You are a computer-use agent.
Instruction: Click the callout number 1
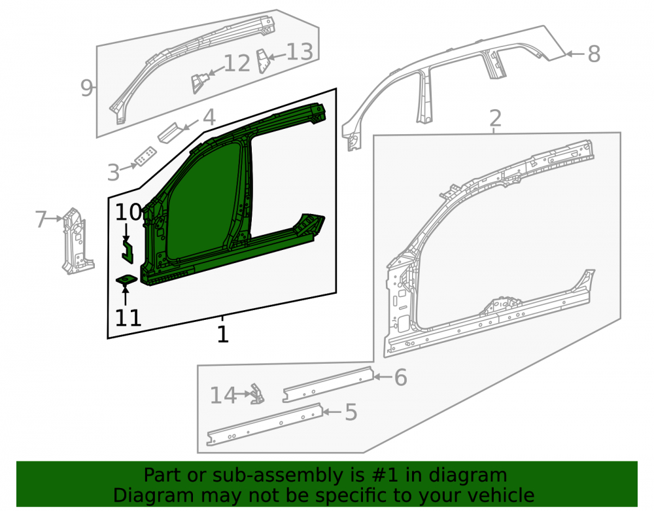[223, 334]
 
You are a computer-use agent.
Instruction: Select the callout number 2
[495, 118]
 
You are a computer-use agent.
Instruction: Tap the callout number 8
[594, 54]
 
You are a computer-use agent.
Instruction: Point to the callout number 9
[86, 88]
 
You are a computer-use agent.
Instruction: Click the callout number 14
[223, 395]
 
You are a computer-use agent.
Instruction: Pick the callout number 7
[41, 219]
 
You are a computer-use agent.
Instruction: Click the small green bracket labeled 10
[128, 251]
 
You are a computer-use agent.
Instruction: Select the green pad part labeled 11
[126, 279]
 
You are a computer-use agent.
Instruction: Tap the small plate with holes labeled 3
[145, 156]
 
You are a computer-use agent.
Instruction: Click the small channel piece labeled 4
[170, 132]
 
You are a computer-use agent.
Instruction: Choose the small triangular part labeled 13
[264, 61]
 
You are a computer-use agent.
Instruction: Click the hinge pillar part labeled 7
[77, 242]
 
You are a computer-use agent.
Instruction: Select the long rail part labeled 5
[266, 424]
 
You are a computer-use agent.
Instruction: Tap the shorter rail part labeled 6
[328, 384]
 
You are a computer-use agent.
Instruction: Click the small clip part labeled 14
[257, 395]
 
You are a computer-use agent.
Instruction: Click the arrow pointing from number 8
[576, 54]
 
